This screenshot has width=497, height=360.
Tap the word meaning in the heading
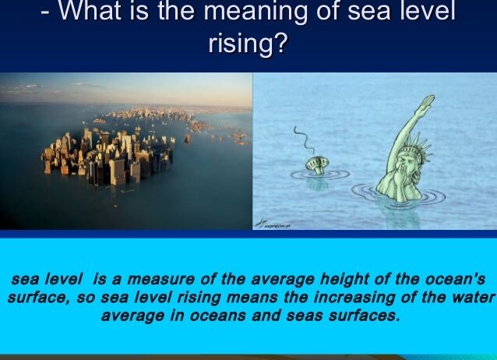point(256,12)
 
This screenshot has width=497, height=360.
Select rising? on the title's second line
point(248,43)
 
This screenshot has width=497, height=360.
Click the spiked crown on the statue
point(419,145)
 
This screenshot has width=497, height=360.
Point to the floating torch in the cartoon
point(317,165)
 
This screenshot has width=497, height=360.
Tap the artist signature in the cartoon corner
point(273,224)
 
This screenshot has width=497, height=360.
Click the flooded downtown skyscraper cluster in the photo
point(108,157)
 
